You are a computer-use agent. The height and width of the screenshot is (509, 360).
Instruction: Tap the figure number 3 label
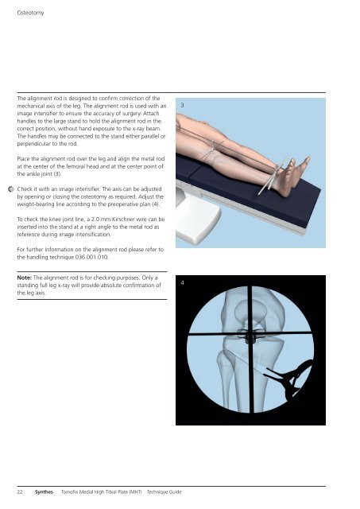[184, 105]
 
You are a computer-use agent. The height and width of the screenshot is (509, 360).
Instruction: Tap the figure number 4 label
[184, 282]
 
